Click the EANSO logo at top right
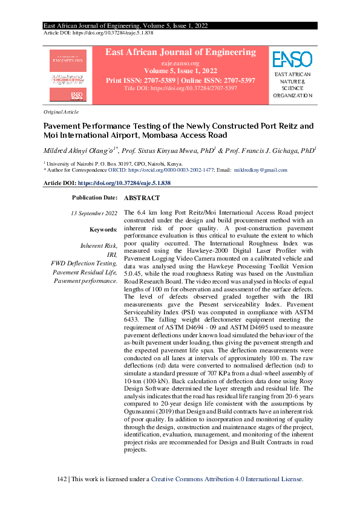click(x=292, y=60)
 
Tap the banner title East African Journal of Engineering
click(x=180, y=53)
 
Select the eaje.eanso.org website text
click(x=180, y=63)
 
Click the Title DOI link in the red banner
click(x=180, y=88)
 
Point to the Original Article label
click(x=61, y=112)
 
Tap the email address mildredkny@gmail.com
click(x=261, y=171)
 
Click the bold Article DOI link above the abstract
click(x=124, y=183)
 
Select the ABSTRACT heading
click(x=142, y=198)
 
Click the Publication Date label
click(x=94, y=198)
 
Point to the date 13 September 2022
click(x=94, y=213)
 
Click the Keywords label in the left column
click(x=103, y=230)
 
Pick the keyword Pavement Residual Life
click(x=86, y=272)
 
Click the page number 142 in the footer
click(x=61, y=479)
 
